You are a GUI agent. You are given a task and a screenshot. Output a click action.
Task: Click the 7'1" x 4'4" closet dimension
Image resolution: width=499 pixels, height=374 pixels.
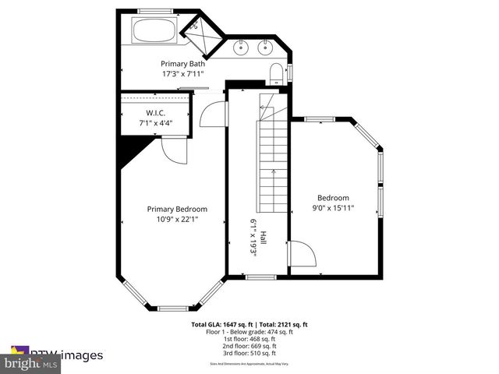(x=156, y=123)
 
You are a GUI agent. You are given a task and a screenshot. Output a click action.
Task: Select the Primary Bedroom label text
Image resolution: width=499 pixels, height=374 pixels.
(x=178, y=209)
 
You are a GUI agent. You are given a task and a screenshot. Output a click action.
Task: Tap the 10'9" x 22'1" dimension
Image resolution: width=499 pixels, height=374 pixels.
(x=177, y=219)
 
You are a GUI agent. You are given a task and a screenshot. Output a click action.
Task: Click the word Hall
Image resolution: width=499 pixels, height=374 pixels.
(x=264, y=238)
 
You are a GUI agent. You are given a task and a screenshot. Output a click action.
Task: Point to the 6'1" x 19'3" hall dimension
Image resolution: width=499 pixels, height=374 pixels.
(x=253, y=238)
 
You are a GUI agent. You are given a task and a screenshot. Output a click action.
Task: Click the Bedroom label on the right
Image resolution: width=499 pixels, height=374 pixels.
(x=333, y=198)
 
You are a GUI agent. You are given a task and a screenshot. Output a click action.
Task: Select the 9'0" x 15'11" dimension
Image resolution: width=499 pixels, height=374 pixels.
(x=333, y=208)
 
